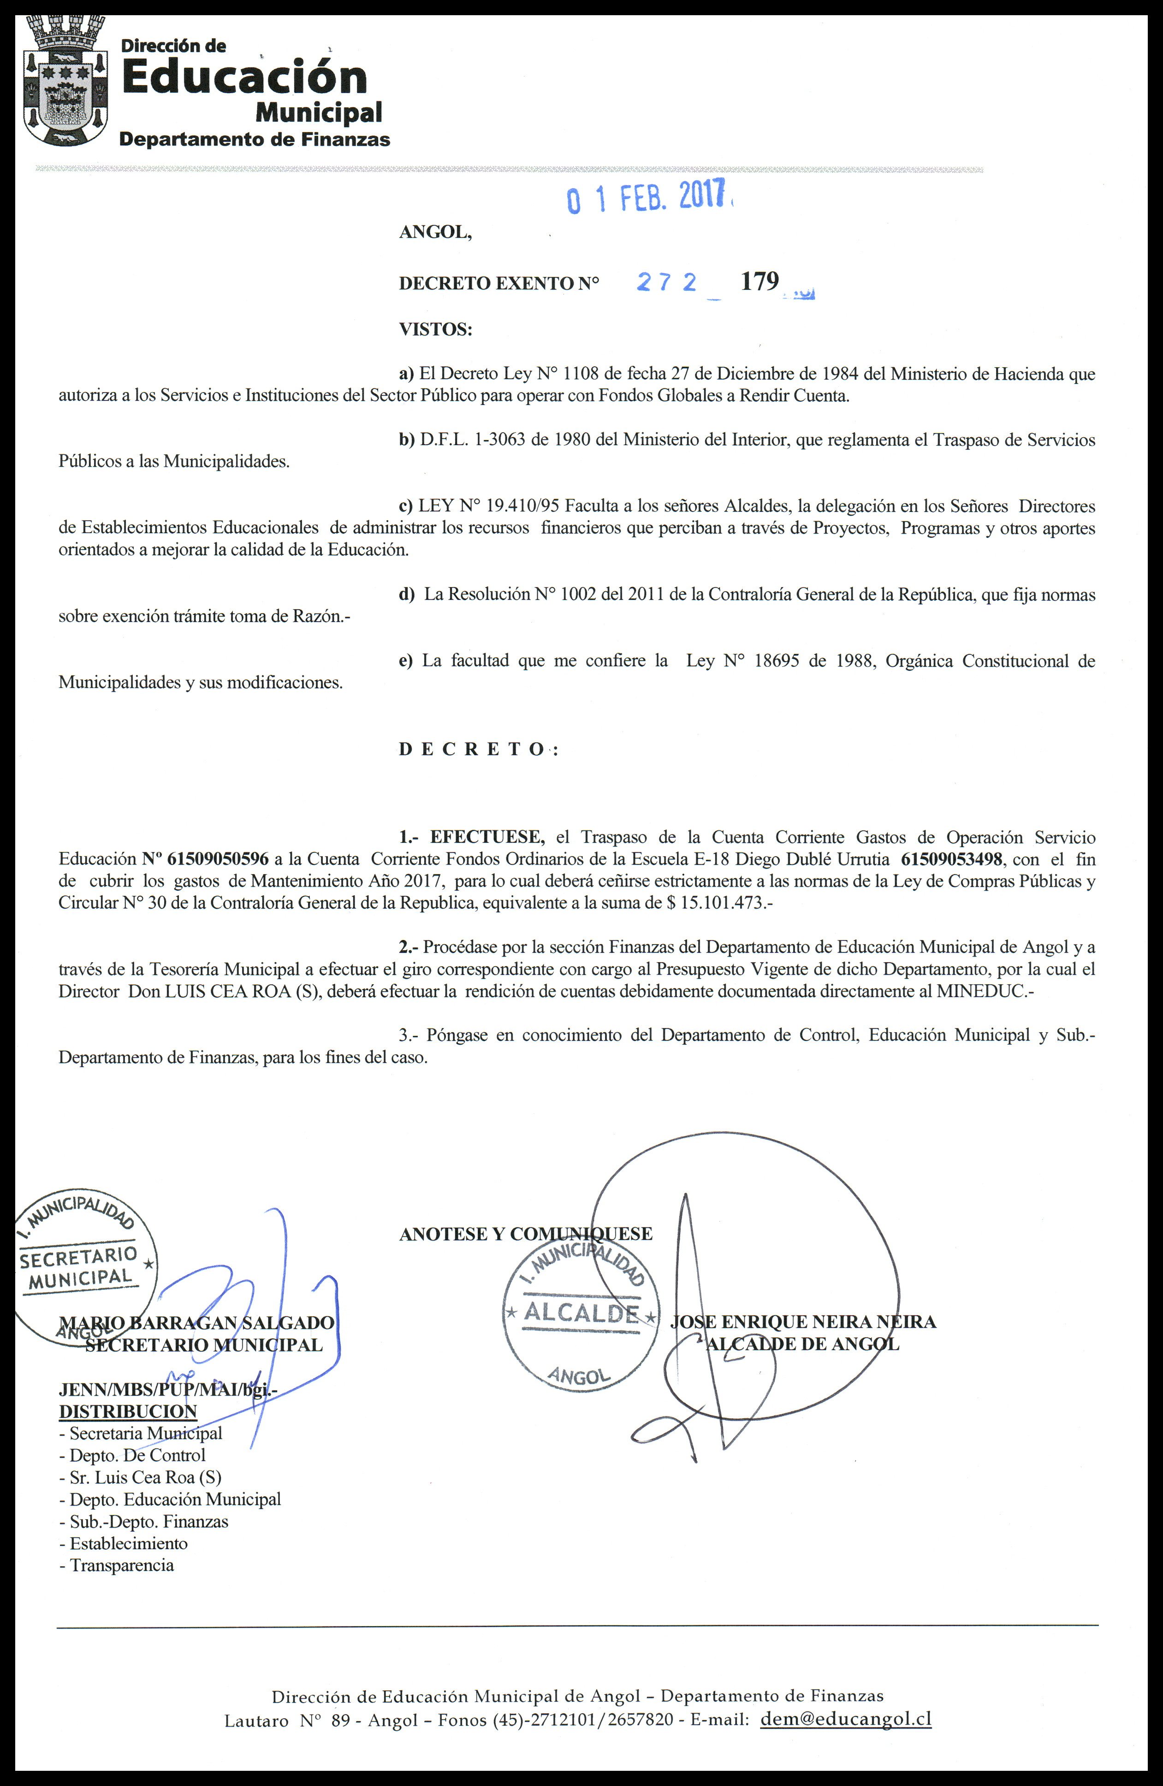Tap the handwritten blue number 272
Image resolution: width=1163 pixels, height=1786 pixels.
pyautogui.click(x=667, y=282)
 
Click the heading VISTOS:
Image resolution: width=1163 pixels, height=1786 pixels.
pyautogui.click(x=435, y=329)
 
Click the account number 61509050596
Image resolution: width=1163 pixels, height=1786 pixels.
pyautogui.click(x=218, y=859)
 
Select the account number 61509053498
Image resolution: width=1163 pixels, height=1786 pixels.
pyautogui.click(x=951, y=859)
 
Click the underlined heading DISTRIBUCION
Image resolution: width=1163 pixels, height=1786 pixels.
pyautogui.click(x=128, y=1411)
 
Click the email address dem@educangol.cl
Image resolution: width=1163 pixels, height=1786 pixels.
pyautogui.click(x=845, y=1698)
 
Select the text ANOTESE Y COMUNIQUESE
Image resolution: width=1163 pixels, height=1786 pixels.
pyautogui.click(x=526, y=1234)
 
